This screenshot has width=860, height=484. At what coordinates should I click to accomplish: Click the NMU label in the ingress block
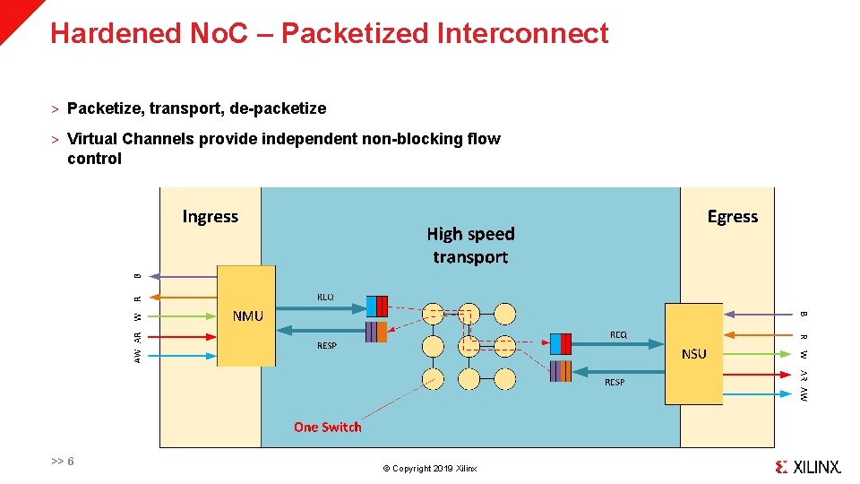[x=247, y=315]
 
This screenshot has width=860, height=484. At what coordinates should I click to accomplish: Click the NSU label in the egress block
[x=693, y=353]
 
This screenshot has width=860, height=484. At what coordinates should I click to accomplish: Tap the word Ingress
[x=211, y=216]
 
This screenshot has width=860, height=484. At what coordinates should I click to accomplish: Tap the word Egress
[x=732, y=216]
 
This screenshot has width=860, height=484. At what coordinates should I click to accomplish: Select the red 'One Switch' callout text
[x=328, y=427]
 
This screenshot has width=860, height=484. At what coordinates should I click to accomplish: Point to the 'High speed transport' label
[x=470, y=245]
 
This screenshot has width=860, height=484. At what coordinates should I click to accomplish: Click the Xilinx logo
[x=808, y=466]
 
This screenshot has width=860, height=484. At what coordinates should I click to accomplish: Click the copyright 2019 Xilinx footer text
[x=430, y=469]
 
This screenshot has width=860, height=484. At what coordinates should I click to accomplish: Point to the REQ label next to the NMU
[x=325, y=297]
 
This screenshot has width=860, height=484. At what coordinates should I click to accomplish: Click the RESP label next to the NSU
[x=615, y=383]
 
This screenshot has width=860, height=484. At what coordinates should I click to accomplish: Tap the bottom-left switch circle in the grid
[x=433, y=378]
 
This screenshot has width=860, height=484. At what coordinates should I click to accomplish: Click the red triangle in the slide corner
[x=13, y=13]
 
